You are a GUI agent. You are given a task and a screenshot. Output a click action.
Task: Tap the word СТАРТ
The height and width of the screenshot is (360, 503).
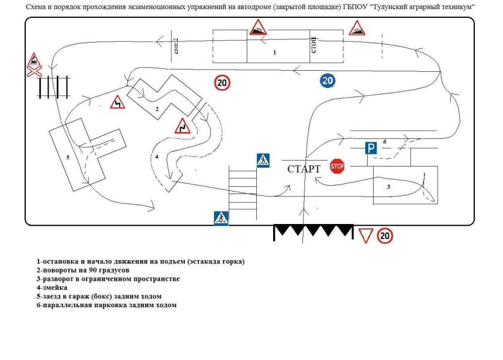point(304,169)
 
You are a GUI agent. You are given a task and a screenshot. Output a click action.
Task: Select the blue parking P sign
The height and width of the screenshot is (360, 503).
point(371,148)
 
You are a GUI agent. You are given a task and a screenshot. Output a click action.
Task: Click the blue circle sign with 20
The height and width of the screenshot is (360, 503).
point(327,80)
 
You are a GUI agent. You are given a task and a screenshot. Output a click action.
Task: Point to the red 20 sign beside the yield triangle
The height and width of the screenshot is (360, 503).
point(385,236)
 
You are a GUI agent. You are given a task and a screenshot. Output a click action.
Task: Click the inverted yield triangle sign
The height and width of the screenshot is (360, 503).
point(366,235)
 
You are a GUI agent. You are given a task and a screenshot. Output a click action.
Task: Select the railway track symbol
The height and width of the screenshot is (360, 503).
point(53,87)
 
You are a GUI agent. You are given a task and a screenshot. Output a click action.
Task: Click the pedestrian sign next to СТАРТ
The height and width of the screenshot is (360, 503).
point(263,160)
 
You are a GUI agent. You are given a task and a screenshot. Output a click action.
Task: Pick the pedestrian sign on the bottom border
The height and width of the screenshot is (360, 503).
point(221,218)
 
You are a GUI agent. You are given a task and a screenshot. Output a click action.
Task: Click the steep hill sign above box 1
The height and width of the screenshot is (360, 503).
point(258,28)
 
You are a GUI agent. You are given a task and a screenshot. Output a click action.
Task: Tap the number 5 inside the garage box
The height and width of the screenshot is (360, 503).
point(68,158)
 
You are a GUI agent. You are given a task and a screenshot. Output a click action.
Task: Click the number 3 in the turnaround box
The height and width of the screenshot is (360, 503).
point(388,187)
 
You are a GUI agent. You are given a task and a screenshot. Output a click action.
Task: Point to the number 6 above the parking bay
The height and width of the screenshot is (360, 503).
point(384,141)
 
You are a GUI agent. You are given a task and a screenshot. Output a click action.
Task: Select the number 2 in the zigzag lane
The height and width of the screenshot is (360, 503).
point(156,109)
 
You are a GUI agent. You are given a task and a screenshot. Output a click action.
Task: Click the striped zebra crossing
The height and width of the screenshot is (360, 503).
point(242,188)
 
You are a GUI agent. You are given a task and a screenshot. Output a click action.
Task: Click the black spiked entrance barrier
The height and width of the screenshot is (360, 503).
point(313,232)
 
